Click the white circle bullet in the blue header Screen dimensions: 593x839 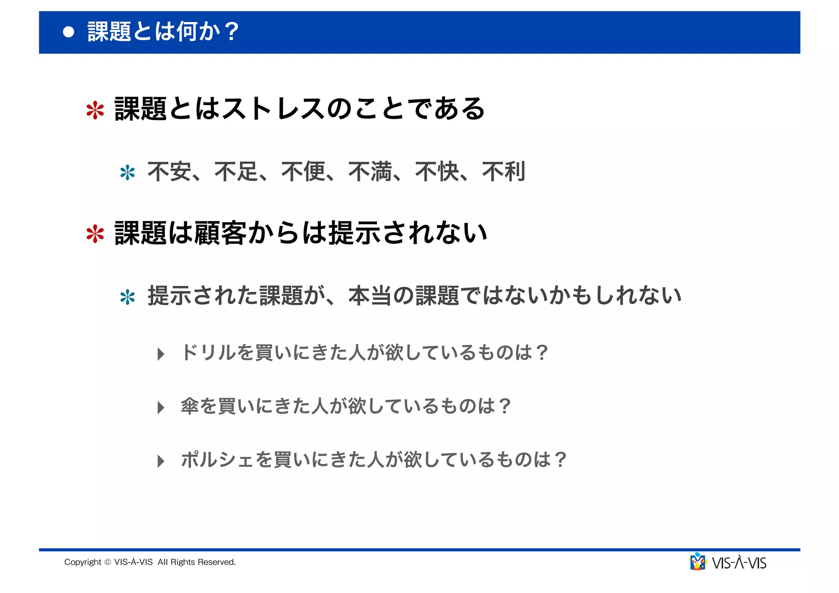coord(69,32)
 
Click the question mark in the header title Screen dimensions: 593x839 coord(231,32)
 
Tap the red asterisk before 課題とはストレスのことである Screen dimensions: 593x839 coord(95,110)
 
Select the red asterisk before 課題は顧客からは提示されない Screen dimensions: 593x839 coord(95,234)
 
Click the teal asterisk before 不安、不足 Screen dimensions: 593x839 coord(127,173)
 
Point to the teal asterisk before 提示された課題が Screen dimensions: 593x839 coord(127,297)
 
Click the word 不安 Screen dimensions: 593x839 coord(169,172)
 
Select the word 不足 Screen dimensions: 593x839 coord(236,172)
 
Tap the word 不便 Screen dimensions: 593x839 coord(303,172)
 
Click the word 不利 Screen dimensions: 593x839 coord(504,172)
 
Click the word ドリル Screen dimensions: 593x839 coord(209,352)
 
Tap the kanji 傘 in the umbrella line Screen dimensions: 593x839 coord(190,406)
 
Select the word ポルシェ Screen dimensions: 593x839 coord(218,459)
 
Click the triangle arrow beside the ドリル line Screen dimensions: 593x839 coord(161,354)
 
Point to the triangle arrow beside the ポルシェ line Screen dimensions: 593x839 coord(161,461)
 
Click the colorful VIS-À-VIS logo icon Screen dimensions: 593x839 coord(698,562)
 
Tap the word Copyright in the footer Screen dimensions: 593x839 coord(83,562)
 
